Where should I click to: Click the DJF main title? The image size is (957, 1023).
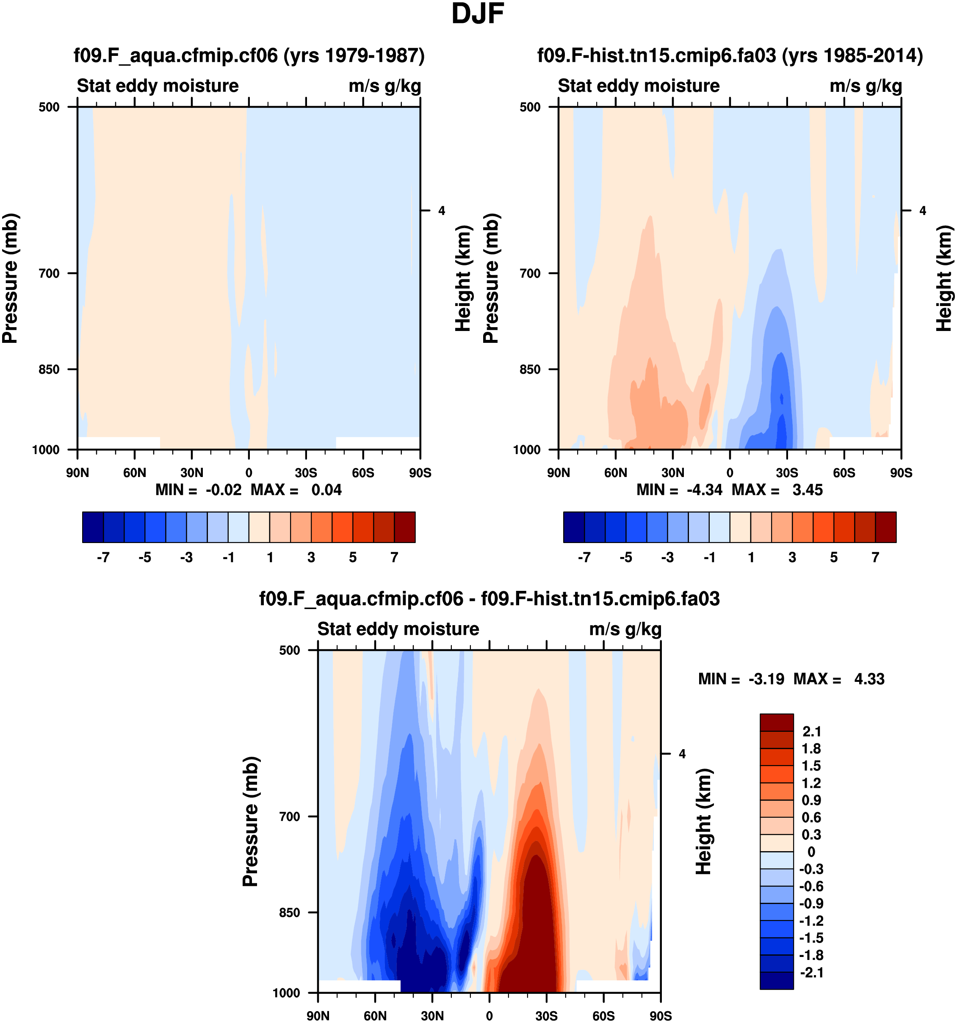pos(477,14)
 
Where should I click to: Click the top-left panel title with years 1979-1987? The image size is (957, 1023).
pos(249,55)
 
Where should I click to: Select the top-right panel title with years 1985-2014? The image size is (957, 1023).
pos(730,55)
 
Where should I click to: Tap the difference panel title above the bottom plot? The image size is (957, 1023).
pos(489,598)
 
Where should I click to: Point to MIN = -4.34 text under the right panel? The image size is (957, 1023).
pos(679,490)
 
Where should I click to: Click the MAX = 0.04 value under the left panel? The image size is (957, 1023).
pos(296,490)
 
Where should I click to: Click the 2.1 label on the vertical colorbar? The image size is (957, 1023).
pos(811,732)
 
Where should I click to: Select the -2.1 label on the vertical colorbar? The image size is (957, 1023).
pos(811,973)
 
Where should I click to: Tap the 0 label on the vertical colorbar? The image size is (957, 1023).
pos(811,852)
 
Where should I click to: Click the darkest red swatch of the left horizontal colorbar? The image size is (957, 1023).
pos(405,527)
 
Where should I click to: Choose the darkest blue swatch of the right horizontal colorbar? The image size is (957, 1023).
pos(574,527)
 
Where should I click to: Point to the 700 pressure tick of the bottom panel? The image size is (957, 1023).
pos(289,816)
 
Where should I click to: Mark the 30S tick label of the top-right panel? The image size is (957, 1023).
pos(787,473)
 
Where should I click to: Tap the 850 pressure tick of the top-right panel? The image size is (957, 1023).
pos(530,369)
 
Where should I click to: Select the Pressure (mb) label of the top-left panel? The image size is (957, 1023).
pos(10,278)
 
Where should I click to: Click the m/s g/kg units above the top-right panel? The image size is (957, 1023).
pos(866,86)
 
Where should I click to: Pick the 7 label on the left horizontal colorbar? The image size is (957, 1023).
pos(394,557)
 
